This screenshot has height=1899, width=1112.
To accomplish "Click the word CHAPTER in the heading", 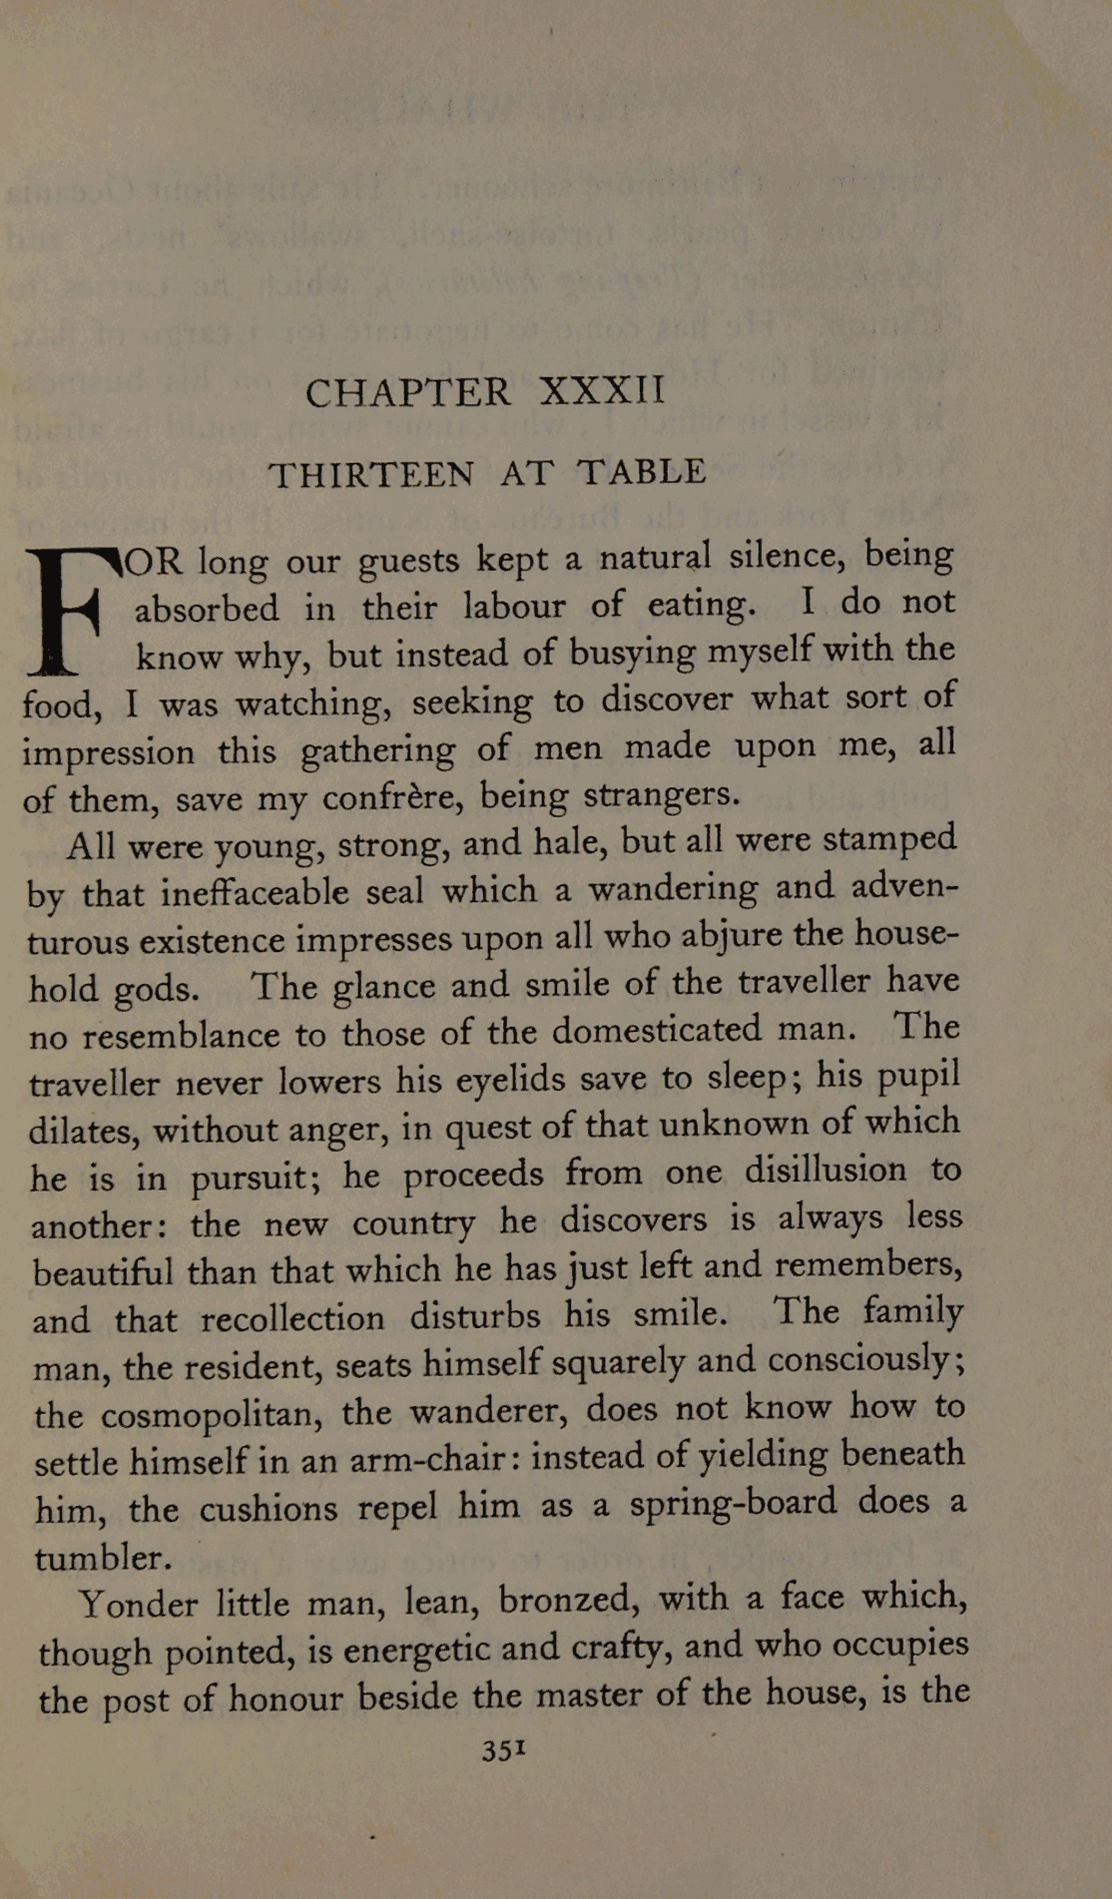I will pyautogui.click(x=408, y=393).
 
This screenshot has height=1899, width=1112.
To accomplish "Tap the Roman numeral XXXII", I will pyautogui.click(x=602, y=390).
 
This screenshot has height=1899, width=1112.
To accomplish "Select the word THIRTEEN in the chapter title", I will pyautogui.click(x=372, y=475).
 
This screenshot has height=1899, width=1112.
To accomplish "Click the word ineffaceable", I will pyautogui.click(x=255, y=891).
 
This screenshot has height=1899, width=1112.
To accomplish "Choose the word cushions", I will pyautogui.click(x=268, y=1508).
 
